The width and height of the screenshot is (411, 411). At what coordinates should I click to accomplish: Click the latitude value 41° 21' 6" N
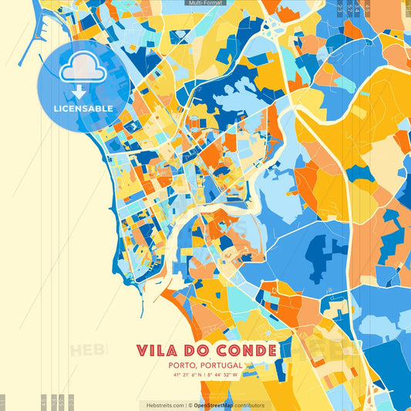(x=187, y=376)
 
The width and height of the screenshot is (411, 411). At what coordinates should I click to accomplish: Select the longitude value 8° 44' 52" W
(x=224, y=376)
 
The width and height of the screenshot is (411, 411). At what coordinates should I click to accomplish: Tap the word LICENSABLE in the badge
(x=83, y=109)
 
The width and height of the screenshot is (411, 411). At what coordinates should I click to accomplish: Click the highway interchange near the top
(x=274, y=31)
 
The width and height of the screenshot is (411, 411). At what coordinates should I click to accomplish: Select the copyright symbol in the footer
(x=190, y=405)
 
